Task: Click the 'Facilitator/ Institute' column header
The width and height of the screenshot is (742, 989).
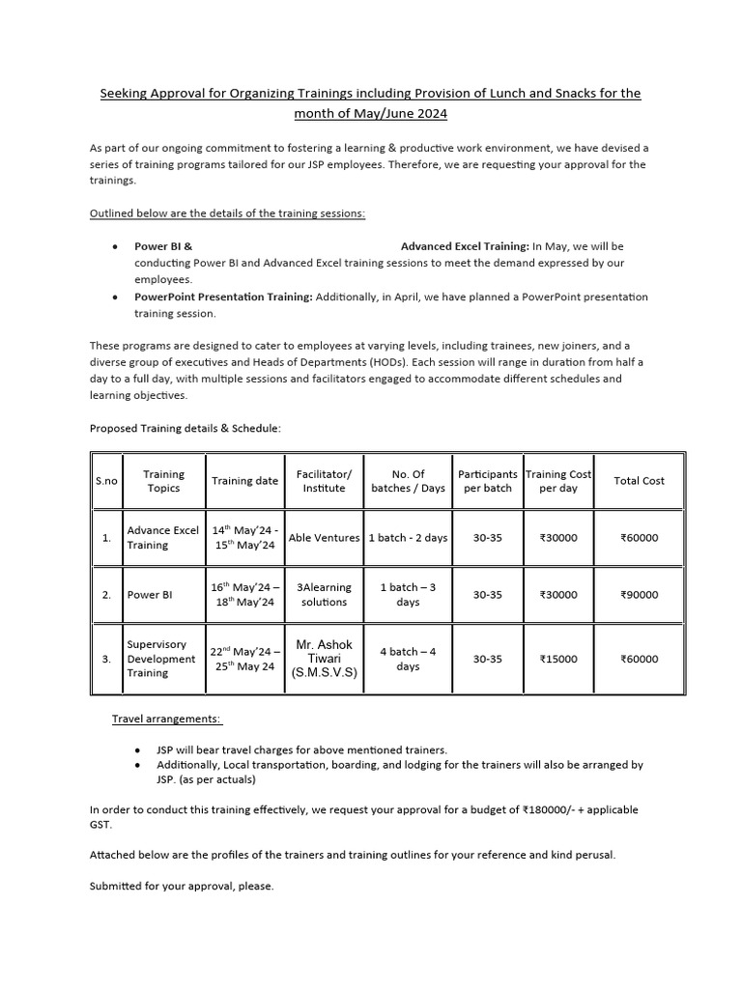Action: click(x=324, y=481)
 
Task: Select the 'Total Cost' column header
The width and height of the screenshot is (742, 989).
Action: click(x=639, y=481)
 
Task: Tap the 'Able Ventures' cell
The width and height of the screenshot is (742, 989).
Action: click(x=324, y=538)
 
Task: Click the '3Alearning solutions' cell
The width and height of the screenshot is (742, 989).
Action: click(x=324, y=595)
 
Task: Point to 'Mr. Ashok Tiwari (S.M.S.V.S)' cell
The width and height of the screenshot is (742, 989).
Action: click(x=324, y=659)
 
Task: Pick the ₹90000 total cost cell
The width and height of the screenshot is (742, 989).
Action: click(x=639, y=595)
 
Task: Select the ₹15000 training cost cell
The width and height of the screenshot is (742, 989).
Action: click(x=558, y=660)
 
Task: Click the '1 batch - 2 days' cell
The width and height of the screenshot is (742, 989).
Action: click(x=408, y=538)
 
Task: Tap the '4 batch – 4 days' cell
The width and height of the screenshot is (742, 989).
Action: click(x=408, y=659)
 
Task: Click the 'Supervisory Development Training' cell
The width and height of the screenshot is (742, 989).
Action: click(x=157, y=659)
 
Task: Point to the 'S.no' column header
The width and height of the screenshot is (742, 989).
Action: click(x=105, y=481)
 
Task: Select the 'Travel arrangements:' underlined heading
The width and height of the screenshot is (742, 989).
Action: click(x=166, y=720)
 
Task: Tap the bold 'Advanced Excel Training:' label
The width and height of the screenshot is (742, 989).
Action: click(x=465, y=246)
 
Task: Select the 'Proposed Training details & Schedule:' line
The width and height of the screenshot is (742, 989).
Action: click(x=185, y=428)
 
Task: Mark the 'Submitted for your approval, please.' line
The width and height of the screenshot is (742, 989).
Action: click(x=182, y=886)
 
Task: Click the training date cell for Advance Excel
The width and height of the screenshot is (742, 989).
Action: click(x=243, y=538)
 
